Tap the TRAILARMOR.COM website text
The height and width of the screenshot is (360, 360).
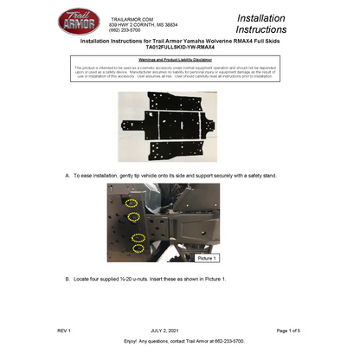(132, 18)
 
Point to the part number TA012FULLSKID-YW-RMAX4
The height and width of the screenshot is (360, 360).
(179, 48)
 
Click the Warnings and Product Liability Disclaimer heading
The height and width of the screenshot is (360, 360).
(179, 59)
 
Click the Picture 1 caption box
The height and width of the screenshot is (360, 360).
(207, 258)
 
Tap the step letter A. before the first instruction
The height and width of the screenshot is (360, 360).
(67, 176)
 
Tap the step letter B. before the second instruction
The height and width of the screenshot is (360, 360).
(67, 279)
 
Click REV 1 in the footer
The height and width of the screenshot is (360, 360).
(64, 331)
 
